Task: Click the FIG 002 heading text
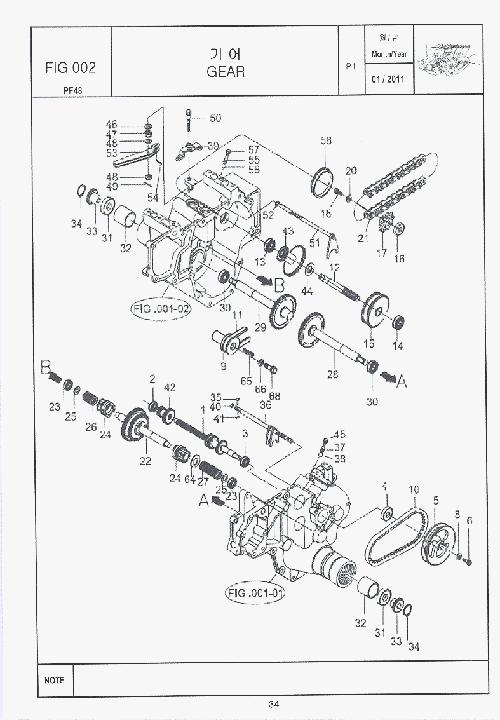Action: coord(71,67)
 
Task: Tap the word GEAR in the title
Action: coord(226,71)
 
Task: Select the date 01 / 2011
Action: coord(389,79)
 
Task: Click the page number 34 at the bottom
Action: coord(274,703)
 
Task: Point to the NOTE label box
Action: coord(54,680)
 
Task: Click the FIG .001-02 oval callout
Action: coord(161,309)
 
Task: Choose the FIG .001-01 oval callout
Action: coord(255,594)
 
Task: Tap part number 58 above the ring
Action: coord(326,140)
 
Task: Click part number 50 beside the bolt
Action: coord(215,118)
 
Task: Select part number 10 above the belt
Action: coord(414,489)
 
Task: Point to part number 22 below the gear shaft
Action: coord(145,461)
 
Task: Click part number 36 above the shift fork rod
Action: coord(266,405)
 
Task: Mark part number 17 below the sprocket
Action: coord(381,254)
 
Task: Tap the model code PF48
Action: coord(72,90)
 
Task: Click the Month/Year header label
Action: coord(389,54)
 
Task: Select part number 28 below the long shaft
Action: coord(332,375)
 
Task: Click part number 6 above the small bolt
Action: coord(470,520)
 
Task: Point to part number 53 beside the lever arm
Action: coord(112,153)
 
